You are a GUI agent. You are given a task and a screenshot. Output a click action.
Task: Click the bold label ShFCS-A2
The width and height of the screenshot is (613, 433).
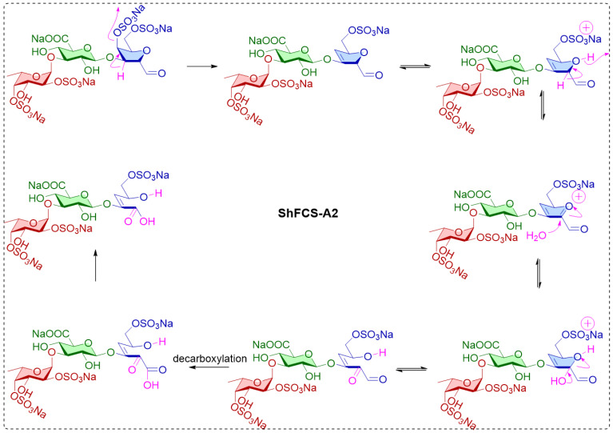tap(308, 214)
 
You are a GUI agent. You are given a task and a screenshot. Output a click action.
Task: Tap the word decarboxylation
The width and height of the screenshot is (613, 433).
tap(209, 359)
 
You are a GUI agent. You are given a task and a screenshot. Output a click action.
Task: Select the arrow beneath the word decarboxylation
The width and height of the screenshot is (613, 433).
tap(210, 367)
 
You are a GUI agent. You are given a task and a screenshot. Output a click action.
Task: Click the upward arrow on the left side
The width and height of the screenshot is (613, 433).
tap(95, 266)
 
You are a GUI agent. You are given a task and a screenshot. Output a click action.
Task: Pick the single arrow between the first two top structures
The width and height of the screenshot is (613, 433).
tap(201, 66)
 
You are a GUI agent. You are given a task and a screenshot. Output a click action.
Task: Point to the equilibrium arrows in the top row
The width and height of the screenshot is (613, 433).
tap(415, 66)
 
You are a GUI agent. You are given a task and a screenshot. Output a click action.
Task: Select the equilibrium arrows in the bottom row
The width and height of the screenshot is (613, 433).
tap(412, 369)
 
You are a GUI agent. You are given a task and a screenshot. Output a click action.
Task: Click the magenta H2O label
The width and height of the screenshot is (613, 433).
tap(536, 235)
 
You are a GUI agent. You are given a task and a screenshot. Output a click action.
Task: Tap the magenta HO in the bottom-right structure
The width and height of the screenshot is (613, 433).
tap(558, 380)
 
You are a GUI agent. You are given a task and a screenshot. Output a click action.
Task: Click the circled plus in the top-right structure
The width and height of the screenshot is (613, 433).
tap(587, 28)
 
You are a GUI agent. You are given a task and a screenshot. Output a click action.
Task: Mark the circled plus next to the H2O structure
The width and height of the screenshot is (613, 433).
tap(579, 197)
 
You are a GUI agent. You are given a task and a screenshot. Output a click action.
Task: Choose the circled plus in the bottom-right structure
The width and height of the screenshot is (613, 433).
tap(587, 324)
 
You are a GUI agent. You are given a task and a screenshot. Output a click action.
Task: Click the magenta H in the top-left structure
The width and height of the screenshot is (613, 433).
tap(121, 77)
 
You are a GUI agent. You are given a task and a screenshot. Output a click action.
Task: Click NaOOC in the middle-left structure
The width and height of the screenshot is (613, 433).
tap(47, 185)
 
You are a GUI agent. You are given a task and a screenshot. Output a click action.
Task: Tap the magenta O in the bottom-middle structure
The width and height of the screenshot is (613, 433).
tap(353, 380)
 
